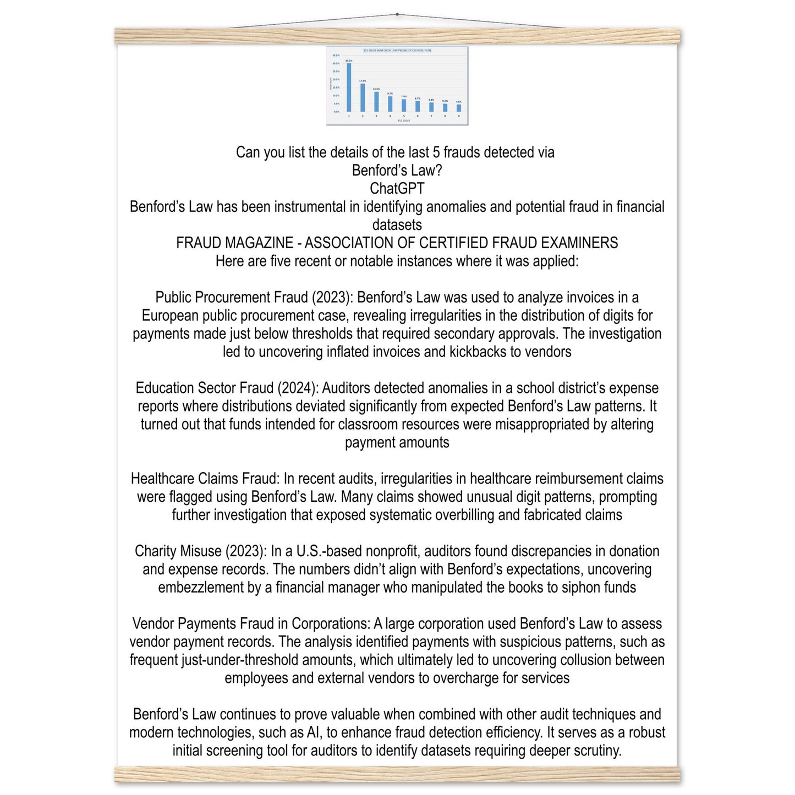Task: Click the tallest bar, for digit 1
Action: click(349, 88)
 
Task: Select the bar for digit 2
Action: click(363, 98)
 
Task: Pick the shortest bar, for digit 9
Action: click(459, 108)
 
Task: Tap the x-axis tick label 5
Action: click(404, 116)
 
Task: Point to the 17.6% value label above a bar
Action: click(363, 81)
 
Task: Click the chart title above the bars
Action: click(397, 50)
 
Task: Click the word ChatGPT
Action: click(397, 189)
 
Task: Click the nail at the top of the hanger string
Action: click(397, 14)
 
